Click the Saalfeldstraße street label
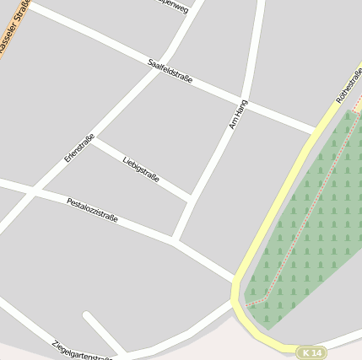pos(170,72)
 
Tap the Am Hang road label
pos(238,114)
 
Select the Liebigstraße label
pos(141,169)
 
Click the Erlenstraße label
pos(79,148)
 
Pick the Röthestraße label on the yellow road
pos(348,87)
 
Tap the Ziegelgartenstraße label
pos(82,350)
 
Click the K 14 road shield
pos(311,352)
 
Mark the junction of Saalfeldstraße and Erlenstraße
pos(157,70)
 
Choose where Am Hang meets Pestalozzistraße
pos(174,240)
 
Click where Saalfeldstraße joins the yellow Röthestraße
pos(316,131)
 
